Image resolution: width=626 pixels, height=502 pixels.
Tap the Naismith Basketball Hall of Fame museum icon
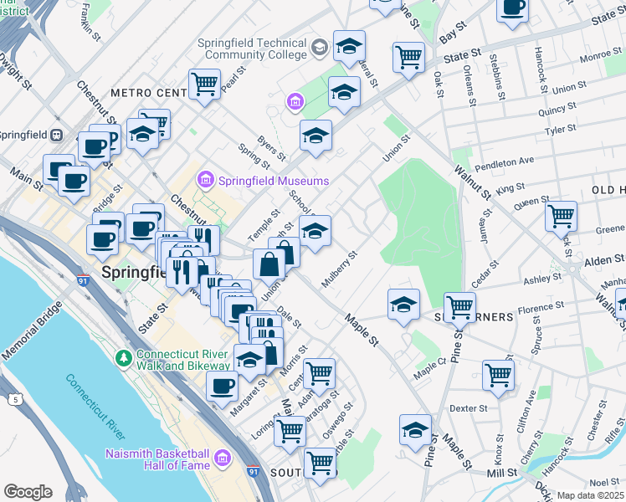pos(223,458)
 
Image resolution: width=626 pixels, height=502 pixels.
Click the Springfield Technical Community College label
pos(250,49)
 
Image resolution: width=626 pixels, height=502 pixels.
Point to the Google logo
pos(28,492)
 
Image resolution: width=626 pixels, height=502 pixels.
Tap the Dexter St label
pos(468,409)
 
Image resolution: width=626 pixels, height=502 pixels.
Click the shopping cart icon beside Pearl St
pos(204,84)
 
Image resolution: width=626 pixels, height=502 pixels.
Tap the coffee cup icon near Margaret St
pos(223,387)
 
